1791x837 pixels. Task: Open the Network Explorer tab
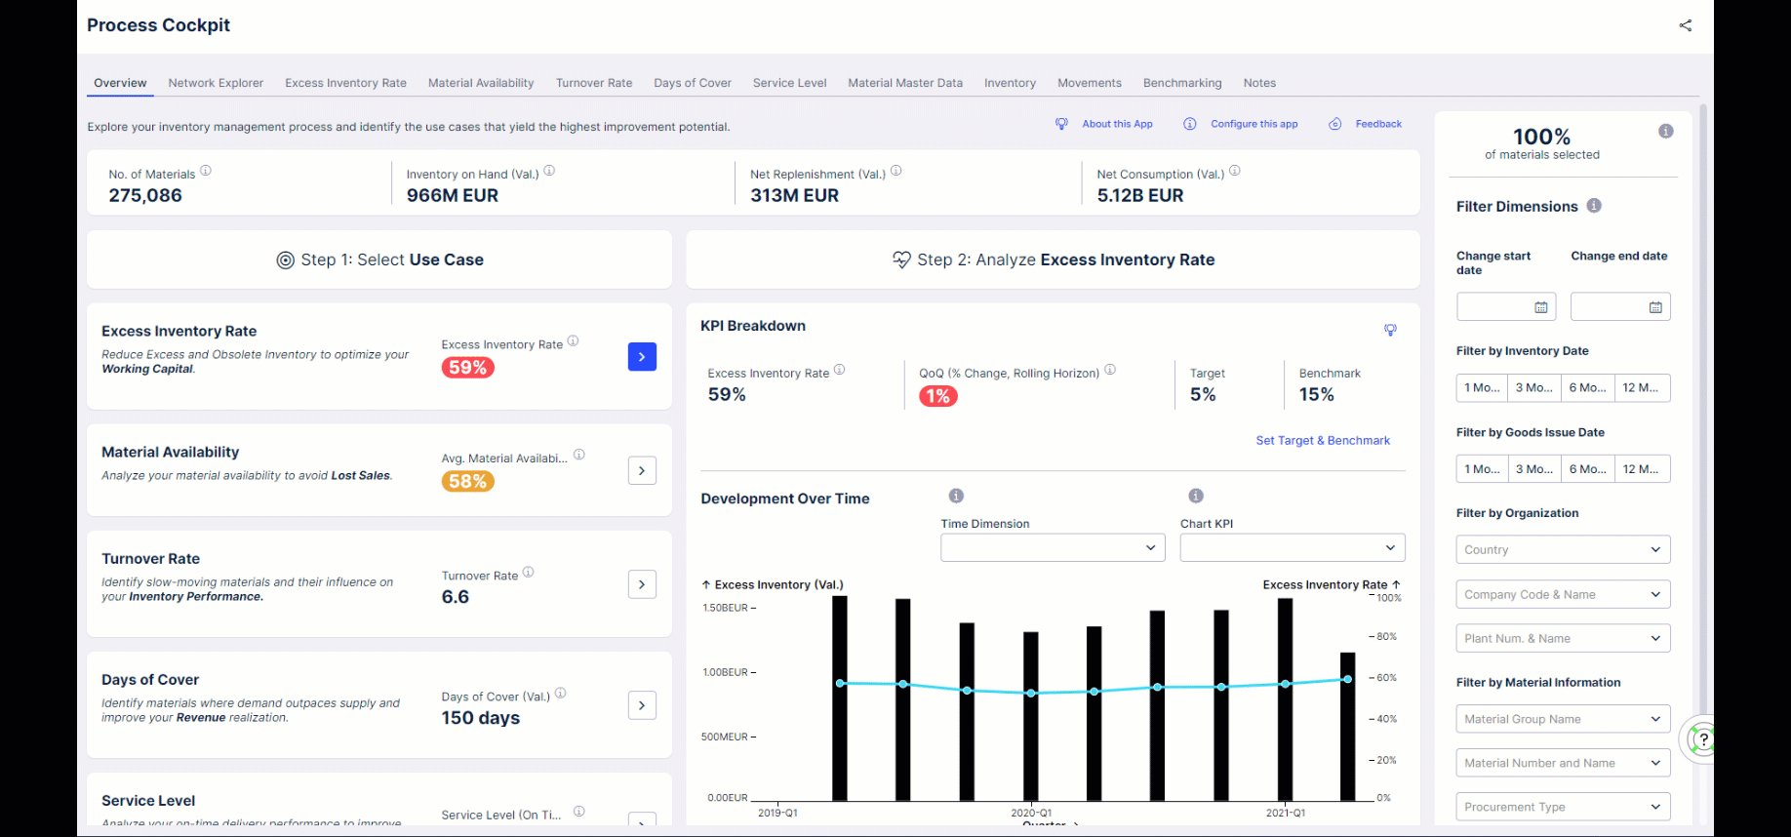(x=216, y=83)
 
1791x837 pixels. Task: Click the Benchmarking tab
(x=1181, y=83)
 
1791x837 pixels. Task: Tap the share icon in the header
(x=1685, y=25)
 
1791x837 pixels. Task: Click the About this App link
(x=1116, y=124)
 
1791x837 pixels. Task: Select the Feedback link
(x=1377, y=124)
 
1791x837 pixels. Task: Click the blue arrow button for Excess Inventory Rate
(x=642, y=357)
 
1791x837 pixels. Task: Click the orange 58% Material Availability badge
(x=467, y=481)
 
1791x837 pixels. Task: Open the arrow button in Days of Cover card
(x=642, y=705)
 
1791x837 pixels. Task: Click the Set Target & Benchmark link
(x=1322, y=441)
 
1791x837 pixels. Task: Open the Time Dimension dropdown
(x=1053, y=548)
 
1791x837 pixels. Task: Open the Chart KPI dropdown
(x=1292, y=548)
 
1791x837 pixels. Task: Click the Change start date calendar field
(x=1505, y=307)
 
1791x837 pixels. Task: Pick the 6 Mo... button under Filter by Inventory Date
(x=1587, y=388)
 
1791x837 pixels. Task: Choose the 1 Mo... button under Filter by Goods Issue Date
(x=1482, y=469)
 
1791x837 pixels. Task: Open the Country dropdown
(x=1562, y=550)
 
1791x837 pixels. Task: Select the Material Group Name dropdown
(x=1562, y=720)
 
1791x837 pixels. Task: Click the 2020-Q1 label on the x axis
(x=1031, y=813)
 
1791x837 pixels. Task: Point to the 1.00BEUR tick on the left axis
(x=725, y=672)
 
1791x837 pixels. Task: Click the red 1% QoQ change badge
(x=937, y=396)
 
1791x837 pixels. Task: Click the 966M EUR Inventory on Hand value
(x=453, y=195)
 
